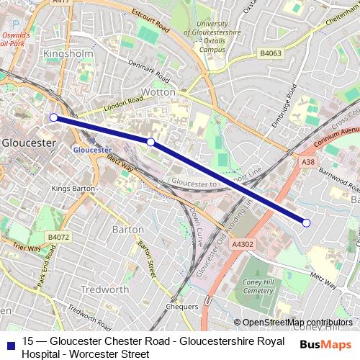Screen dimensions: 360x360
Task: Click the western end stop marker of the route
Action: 53,117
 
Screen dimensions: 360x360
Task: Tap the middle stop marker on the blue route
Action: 150,142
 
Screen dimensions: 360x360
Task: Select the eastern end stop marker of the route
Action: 306,222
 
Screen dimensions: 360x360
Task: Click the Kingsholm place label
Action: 69,54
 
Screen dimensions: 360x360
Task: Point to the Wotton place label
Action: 163,93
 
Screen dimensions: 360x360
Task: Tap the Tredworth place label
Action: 105,289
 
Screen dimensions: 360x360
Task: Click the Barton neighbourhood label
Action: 129,229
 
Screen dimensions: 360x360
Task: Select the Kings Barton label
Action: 73,188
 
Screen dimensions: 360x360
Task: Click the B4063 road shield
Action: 271,53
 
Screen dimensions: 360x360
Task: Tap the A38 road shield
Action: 308,163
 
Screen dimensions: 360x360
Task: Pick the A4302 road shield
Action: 243,245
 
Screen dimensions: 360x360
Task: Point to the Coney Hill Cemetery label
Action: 258,286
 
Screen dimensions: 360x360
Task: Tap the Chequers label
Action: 181,307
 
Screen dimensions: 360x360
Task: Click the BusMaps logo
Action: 325,344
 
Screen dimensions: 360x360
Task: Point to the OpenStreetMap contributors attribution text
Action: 297,323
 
